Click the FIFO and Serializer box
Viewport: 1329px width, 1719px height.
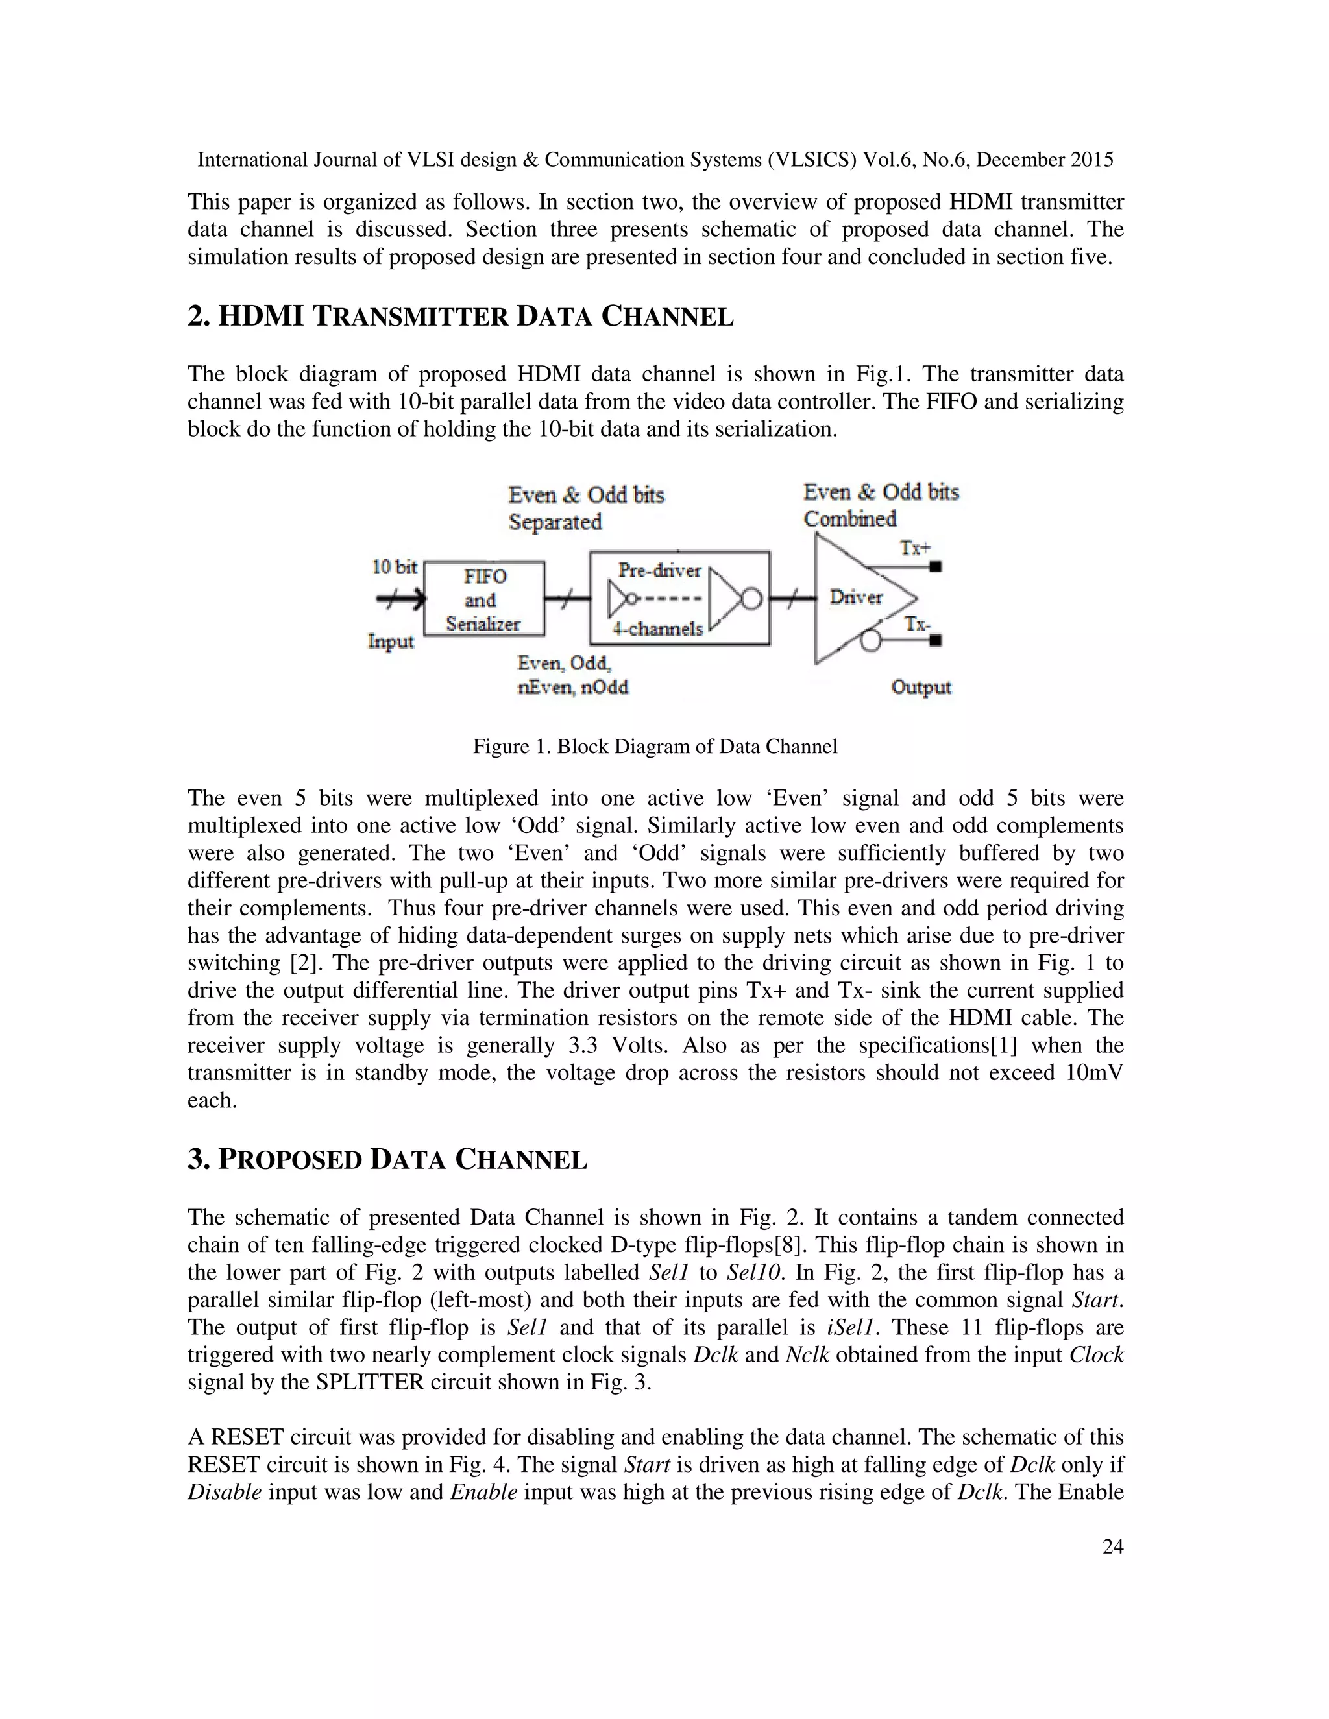point(483,599)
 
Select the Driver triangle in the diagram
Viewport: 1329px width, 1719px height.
point(853,598)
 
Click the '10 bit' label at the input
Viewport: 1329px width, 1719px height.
point(394,567)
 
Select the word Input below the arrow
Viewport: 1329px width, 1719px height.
point(391,642)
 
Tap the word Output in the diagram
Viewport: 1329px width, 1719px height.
point(921,687)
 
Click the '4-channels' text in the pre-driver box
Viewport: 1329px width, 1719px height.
point(658,629)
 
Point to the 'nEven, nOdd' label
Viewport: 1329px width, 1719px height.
point(572,687)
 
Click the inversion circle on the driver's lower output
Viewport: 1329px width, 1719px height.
point(870,641)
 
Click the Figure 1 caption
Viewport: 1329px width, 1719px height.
point(654,746)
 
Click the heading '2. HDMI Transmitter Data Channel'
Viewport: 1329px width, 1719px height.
point(461,317)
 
